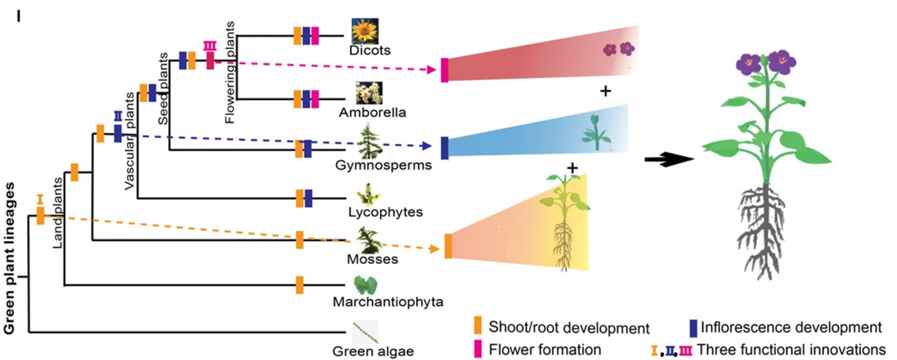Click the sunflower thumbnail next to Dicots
pos(364,30)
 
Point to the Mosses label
pos(373,259)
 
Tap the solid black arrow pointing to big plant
pos(668,160)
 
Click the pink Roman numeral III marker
pos(210,45)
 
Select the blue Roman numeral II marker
pos(118,115)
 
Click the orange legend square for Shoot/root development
pos(477,327)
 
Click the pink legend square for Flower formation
pos(477,348)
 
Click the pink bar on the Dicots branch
pos(315,36)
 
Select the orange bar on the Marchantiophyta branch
pos(300,285)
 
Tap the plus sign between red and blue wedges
pos(605,91)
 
